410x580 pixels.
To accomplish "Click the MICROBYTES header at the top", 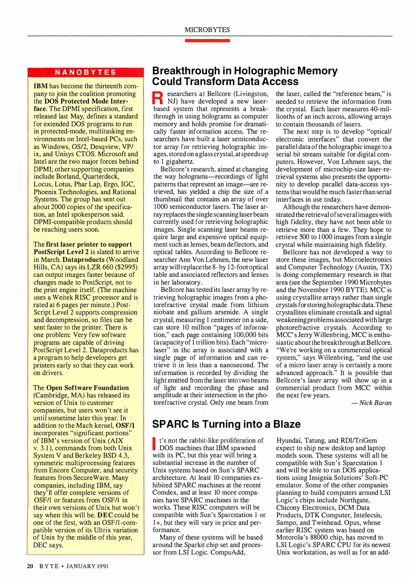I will pyautogui.click(x=207, y=30).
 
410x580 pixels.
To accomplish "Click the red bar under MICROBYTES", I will pyautogui.click(x=207, y=41).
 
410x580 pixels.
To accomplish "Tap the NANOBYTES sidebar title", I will pyautogui.click(x=85, y=72).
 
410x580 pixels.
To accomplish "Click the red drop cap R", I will pyautogui.click(x=158, y=98).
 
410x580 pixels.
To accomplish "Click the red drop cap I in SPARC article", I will pyautogui.click(x=154, y=443).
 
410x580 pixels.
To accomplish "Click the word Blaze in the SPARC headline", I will pyautogui.click(x=287, y=424).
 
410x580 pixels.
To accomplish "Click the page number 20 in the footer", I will pyautogui.click(x=30, y=566).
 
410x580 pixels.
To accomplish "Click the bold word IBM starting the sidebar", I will pyautogui.click(x=41, y=86).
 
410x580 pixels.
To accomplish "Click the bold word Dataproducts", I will pyautogui.click(x=83, y=260).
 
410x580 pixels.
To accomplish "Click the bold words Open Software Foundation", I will pyautogui.click(x=87, y=388).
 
